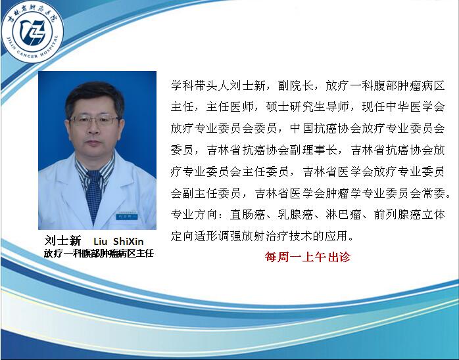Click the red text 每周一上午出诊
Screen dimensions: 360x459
307,257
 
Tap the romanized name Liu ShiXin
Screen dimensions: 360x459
119,240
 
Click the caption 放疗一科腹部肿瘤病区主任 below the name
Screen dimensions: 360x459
98,253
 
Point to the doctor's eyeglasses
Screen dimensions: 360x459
95,120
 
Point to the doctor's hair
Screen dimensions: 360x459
94,93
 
